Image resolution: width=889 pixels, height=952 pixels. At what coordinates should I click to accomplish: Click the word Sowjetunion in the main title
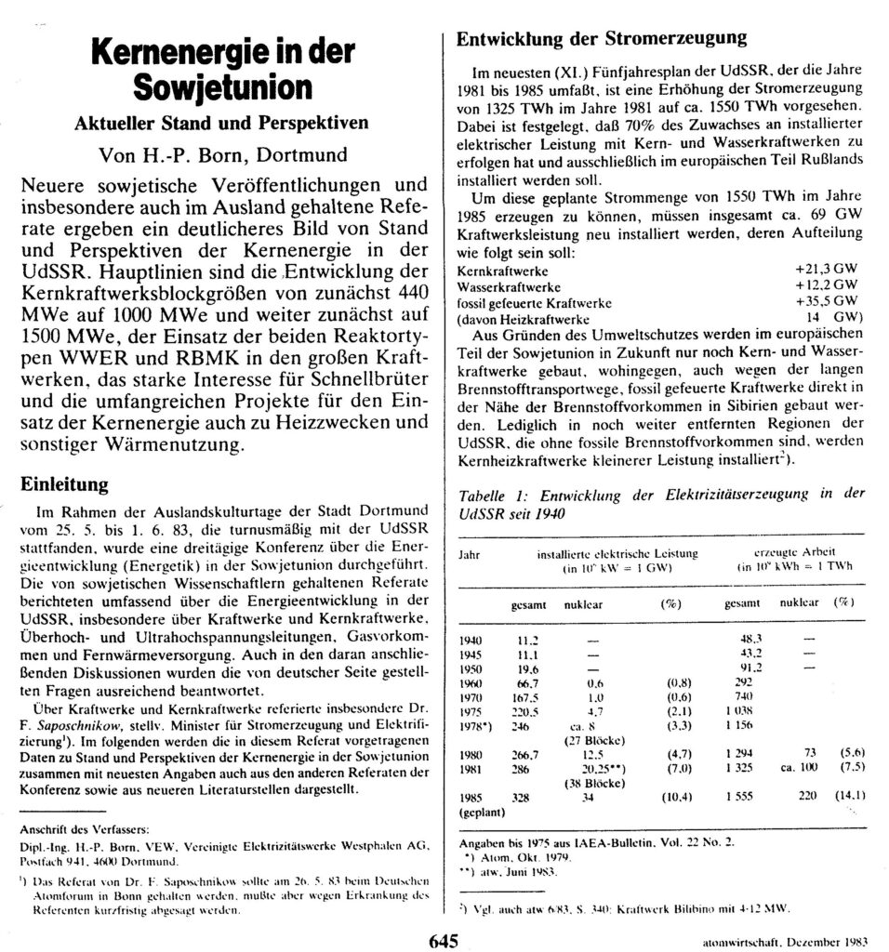[223, 88]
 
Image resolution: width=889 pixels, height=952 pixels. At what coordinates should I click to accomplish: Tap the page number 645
[444, 940]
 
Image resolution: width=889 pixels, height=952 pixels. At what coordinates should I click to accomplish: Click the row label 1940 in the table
[473, 641]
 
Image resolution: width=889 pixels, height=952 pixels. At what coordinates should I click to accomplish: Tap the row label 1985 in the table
[473, 797]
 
